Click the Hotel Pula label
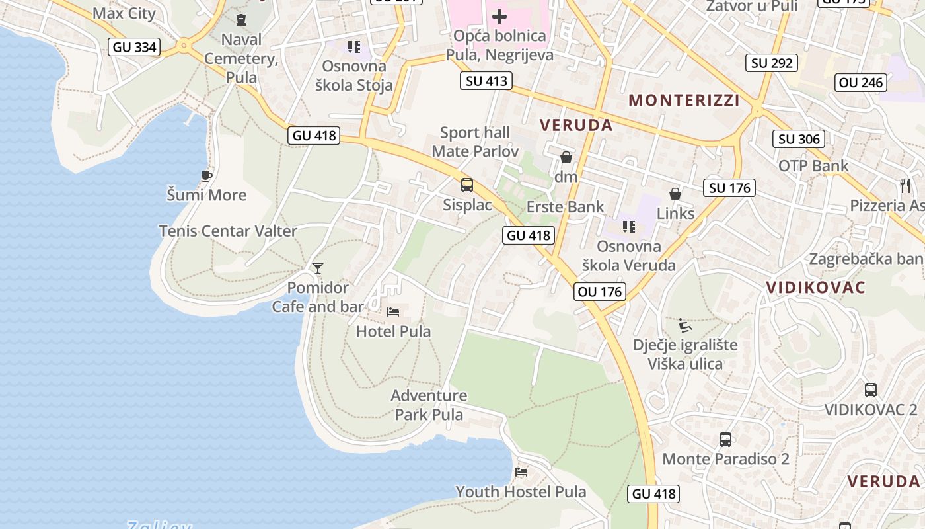tap(393, 331)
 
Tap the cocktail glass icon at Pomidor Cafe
tap(318, 268)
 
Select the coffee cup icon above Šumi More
tap(206, 175)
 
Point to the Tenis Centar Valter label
tap(228, 231)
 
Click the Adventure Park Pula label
tap(429, 405)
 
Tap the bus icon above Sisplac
tap(467, 185)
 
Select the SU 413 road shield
tap(487, 81)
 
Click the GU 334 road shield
tap(135, 46)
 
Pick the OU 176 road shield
tap(599, 291)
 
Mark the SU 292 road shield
tap(772, 63)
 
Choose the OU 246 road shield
tap(861, 82)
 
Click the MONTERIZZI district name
tap(684, 100)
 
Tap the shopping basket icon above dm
tap(566, 157)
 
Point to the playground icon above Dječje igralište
tap(685, 325)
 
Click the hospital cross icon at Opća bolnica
tap(499, 16)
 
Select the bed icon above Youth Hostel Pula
tap(521, 472)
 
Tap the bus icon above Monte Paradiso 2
tap(725, 439)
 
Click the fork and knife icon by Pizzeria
tap(905, 185)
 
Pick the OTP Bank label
tap(813, 165)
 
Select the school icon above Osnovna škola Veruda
tap(629, 227)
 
